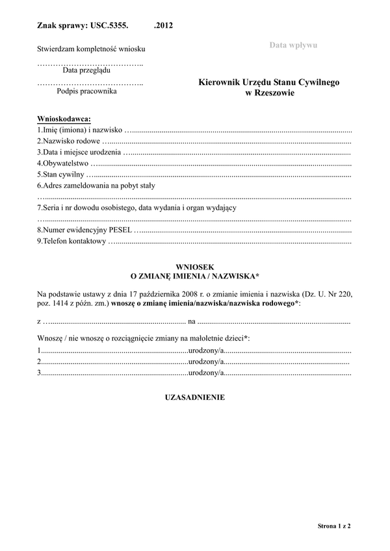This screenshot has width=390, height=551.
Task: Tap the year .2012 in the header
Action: pyautogui.click(x=164, y=26)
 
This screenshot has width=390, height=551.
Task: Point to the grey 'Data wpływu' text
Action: pyautogui.click(x=293, y=44)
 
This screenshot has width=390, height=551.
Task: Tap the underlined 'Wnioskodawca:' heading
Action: pyautogui.click(x=64, y=119)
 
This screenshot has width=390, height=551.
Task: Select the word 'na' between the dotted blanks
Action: pyautogui.click(x=191, y=321)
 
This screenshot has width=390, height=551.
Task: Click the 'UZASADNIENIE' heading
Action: pyautogui.click(x=195, y=397)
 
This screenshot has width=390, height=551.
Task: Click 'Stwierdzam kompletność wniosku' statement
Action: pyautogui.click(x=90, y=49)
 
